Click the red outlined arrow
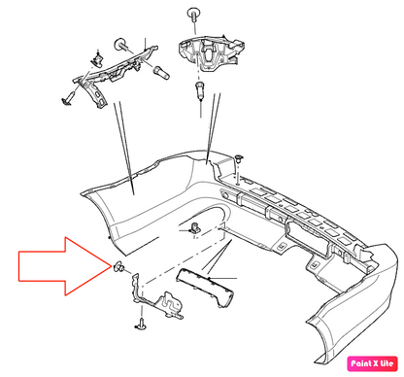tap(61, 266)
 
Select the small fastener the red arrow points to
tap(118, 267)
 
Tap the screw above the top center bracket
tap(192, 15)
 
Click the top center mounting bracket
tap(210, 51)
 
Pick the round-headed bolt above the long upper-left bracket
tap(121, 45)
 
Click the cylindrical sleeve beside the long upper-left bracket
tap(161, 72)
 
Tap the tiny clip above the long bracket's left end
tap(97, 58)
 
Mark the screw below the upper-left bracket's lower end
tap(68, 98)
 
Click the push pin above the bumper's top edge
tap(239, 158)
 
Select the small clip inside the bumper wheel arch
tap(194, 228)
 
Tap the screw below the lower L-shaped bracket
tap(141, 325)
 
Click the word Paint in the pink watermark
tap(361, 363)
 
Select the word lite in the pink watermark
tap(387, 363)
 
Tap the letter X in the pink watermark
tap(376, 363)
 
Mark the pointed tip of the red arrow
tap(112, 266)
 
